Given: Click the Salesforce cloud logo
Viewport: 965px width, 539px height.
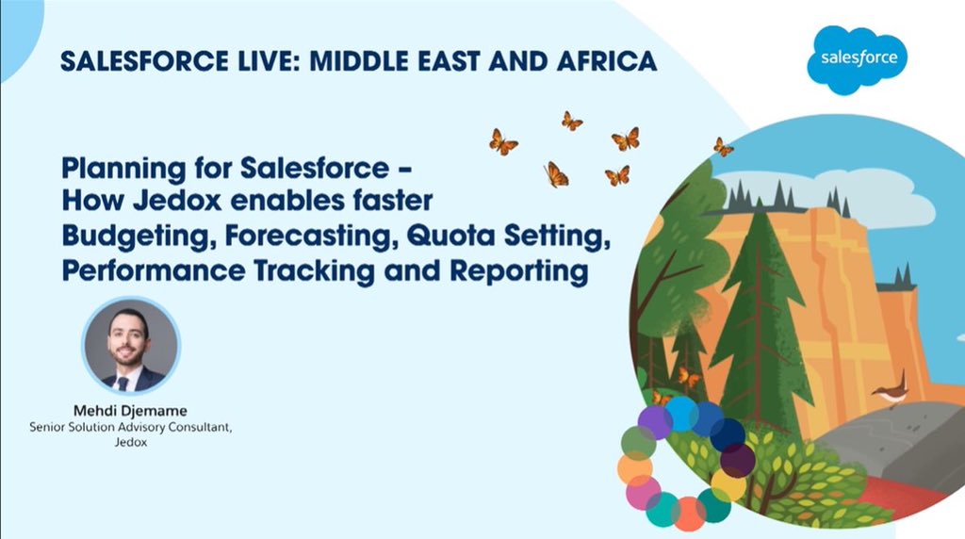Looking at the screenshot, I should (x=858, y=58).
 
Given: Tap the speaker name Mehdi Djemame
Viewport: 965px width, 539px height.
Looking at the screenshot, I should (x=131, y=411).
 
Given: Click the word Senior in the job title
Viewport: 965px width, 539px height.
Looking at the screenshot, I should (x=51, y=428).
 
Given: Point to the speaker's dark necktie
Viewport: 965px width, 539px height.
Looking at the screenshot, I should (x=123, y=382).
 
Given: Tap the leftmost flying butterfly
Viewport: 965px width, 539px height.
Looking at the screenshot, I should (x=502, y=142).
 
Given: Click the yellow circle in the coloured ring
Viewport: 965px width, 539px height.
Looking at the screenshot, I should (x=727, y=484).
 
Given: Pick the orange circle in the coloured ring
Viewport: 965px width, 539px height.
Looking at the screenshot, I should (x=634, y=468).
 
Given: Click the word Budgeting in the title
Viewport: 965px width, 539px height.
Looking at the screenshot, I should (x=123, y=236).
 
